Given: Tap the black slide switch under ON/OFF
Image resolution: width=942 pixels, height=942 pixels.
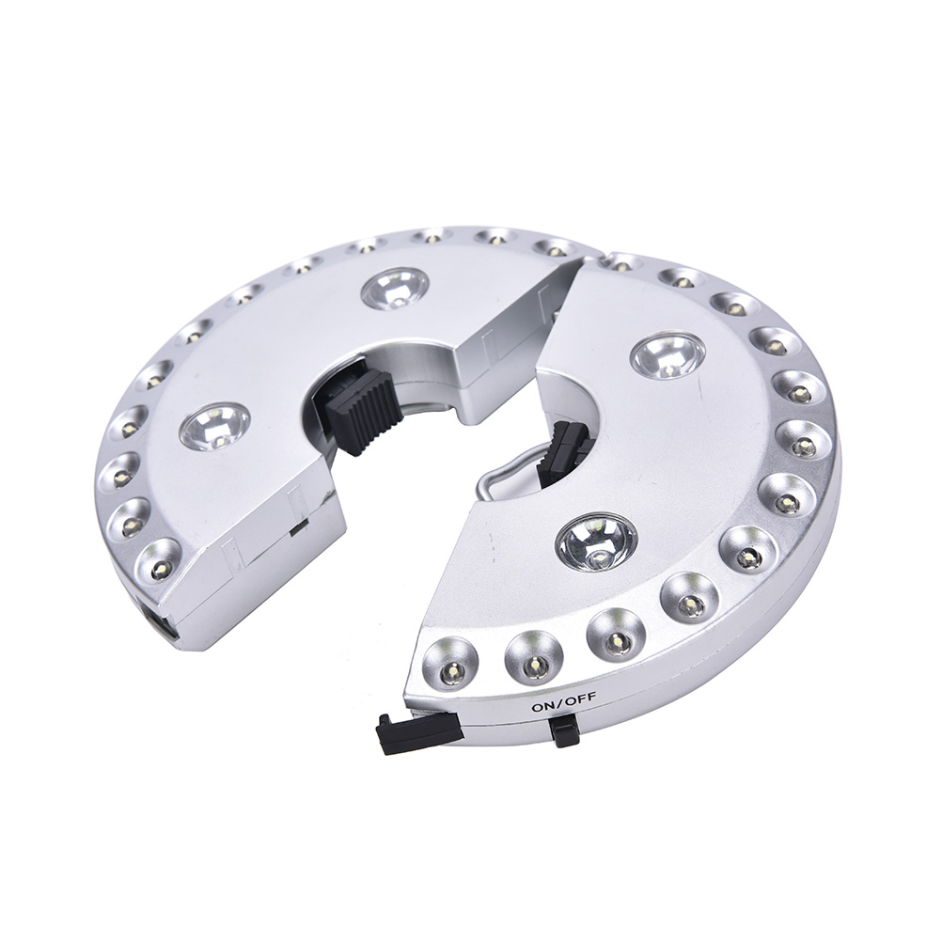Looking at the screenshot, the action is click(x=564, y=730).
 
